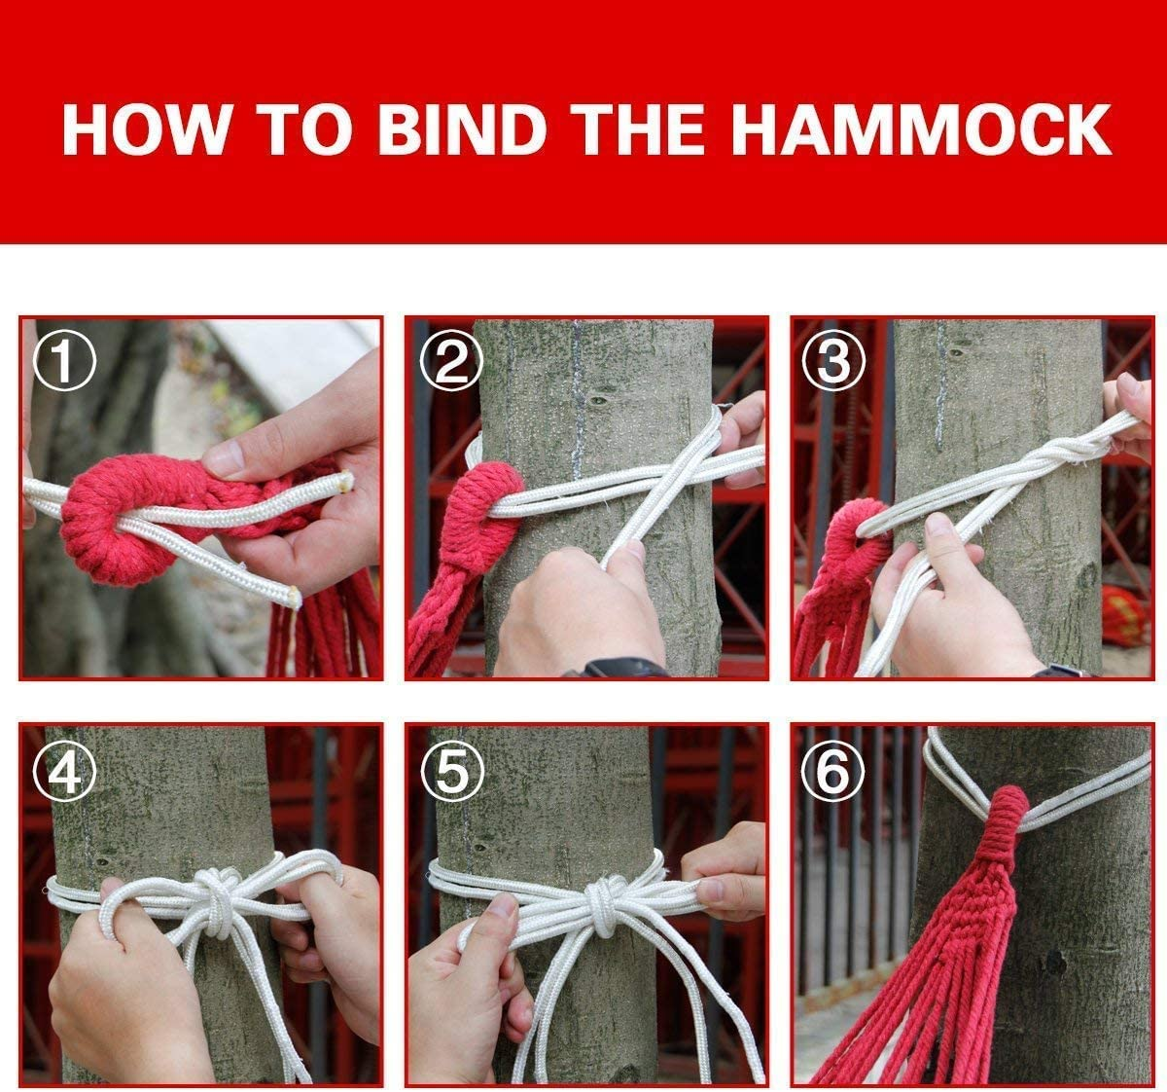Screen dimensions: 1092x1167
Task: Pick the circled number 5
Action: [x=450, y=772]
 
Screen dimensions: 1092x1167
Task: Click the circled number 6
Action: [x=833, y=772]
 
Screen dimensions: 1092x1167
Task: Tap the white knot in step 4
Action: [x=216, y=900]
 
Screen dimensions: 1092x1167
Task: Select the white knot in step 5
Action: [x=603, y=900]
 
